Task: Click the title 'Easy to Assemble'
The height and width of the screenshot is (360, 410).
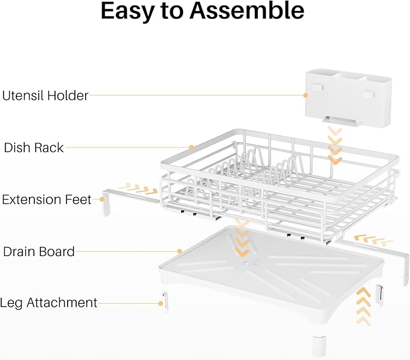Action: (202, 12)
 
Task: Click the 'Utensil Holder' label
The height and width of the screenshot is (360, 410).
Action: (45, 95)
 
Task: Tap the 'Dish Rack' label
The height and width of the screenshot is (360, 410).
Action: (34, 147)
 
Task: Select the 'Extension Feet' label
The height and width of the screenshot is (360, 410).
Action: (46, 199)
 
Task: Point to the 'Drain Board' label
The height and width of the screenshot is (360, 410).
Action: (39, 251)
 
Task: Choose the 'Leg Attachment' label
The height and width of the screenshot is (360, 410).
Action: (49, 303)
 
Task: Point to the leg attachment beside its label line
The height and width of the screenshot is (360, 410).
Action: (164, 301)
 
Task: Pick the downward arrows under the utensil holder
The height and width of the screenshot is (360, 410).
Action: (335, 145)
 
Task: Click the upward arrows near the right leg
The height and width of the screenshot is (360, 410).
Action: (362, 305)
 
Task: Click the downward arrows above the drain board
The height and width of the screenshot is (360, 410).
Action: (242, 238)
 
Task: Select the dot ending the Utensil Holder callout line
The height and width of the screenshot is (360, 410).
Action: (306, 95)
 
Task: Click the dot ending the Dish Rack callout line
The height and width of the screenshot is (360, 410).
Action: (191, 147)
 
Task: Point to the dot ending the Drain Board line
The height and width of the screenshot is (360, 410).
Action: (179, 251)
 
